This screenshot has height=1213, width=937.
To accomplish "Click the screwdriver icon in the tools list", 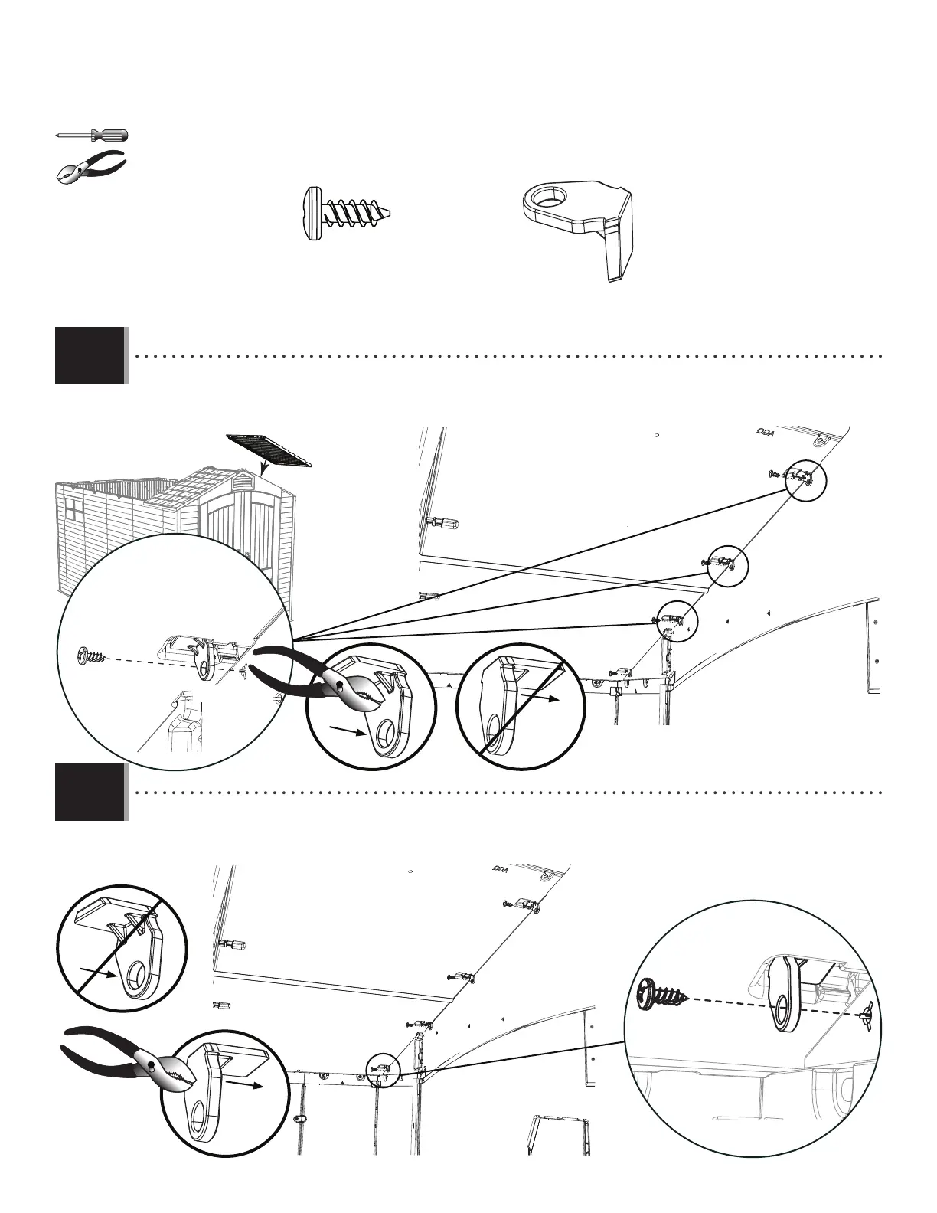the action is pyautogui.click(x=92, y=135).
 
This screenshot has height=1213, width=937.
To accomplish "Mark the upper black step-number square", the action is pyautogui.click(x=90, y=355).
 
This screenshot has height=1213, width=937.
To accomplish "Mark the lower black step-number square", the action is pyautogui.click(x=90, y=792).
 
